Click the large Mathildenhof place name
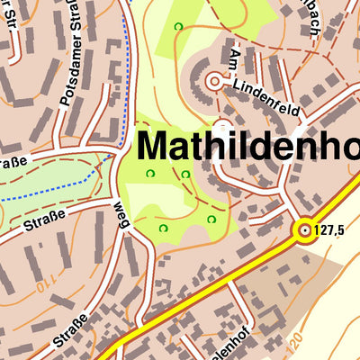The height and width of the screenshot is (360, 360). pos(247,146)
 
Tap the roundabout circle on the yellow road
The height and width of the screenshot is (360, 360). pos(304,231)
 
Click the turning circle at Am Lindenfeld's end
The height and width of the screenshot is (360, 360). pos(213,82)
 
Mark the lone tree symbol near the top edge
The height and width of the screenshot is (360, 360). pos(178,26)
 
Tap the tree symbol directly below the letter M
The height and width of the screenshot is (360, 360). pos(150,173)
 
